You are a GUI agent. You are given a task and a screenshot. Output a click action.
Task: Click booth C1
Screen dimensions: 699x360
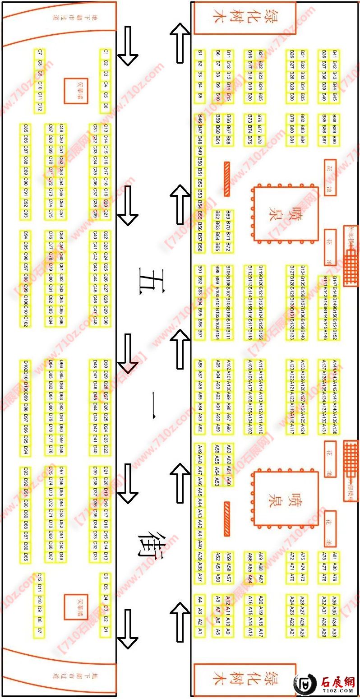coord(106,52)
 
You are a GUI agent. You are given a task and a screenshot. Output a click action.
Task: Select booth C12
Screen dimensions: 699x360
coord(40,107)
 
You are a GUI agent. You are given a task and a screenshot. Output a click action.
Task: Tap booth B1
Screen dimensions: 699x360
coord(200,53)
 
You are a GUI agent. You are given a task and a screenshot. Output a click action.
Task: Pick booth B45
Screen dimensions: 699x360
coord(334,97)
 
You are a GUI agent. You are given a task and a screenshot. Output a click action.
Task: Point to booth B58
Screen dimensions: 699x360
coord(200,247)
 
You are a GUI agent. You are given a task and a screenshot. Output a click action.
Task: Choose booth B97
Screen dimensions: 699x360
coord(200,334)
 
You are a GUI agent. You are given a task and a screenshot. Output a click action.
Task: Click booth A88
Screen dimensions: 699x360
coord(200,364)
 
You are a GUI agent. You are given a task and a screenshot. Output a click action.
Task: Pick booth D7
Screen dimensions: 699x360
coord(40,630)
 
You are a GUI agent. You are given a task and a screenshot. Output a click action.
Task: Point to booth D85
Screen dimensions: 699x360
coord(26,559)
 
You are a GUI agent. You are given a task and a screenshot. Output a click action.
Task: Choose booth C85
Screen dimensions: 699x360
coord(26,128)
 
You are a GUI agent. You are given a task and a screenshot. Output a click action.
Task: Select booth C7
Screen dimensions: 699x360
coord(40,52)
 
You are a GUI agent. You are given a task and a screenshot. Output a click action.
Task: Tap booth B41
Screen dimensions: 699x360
coord(334,53)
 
